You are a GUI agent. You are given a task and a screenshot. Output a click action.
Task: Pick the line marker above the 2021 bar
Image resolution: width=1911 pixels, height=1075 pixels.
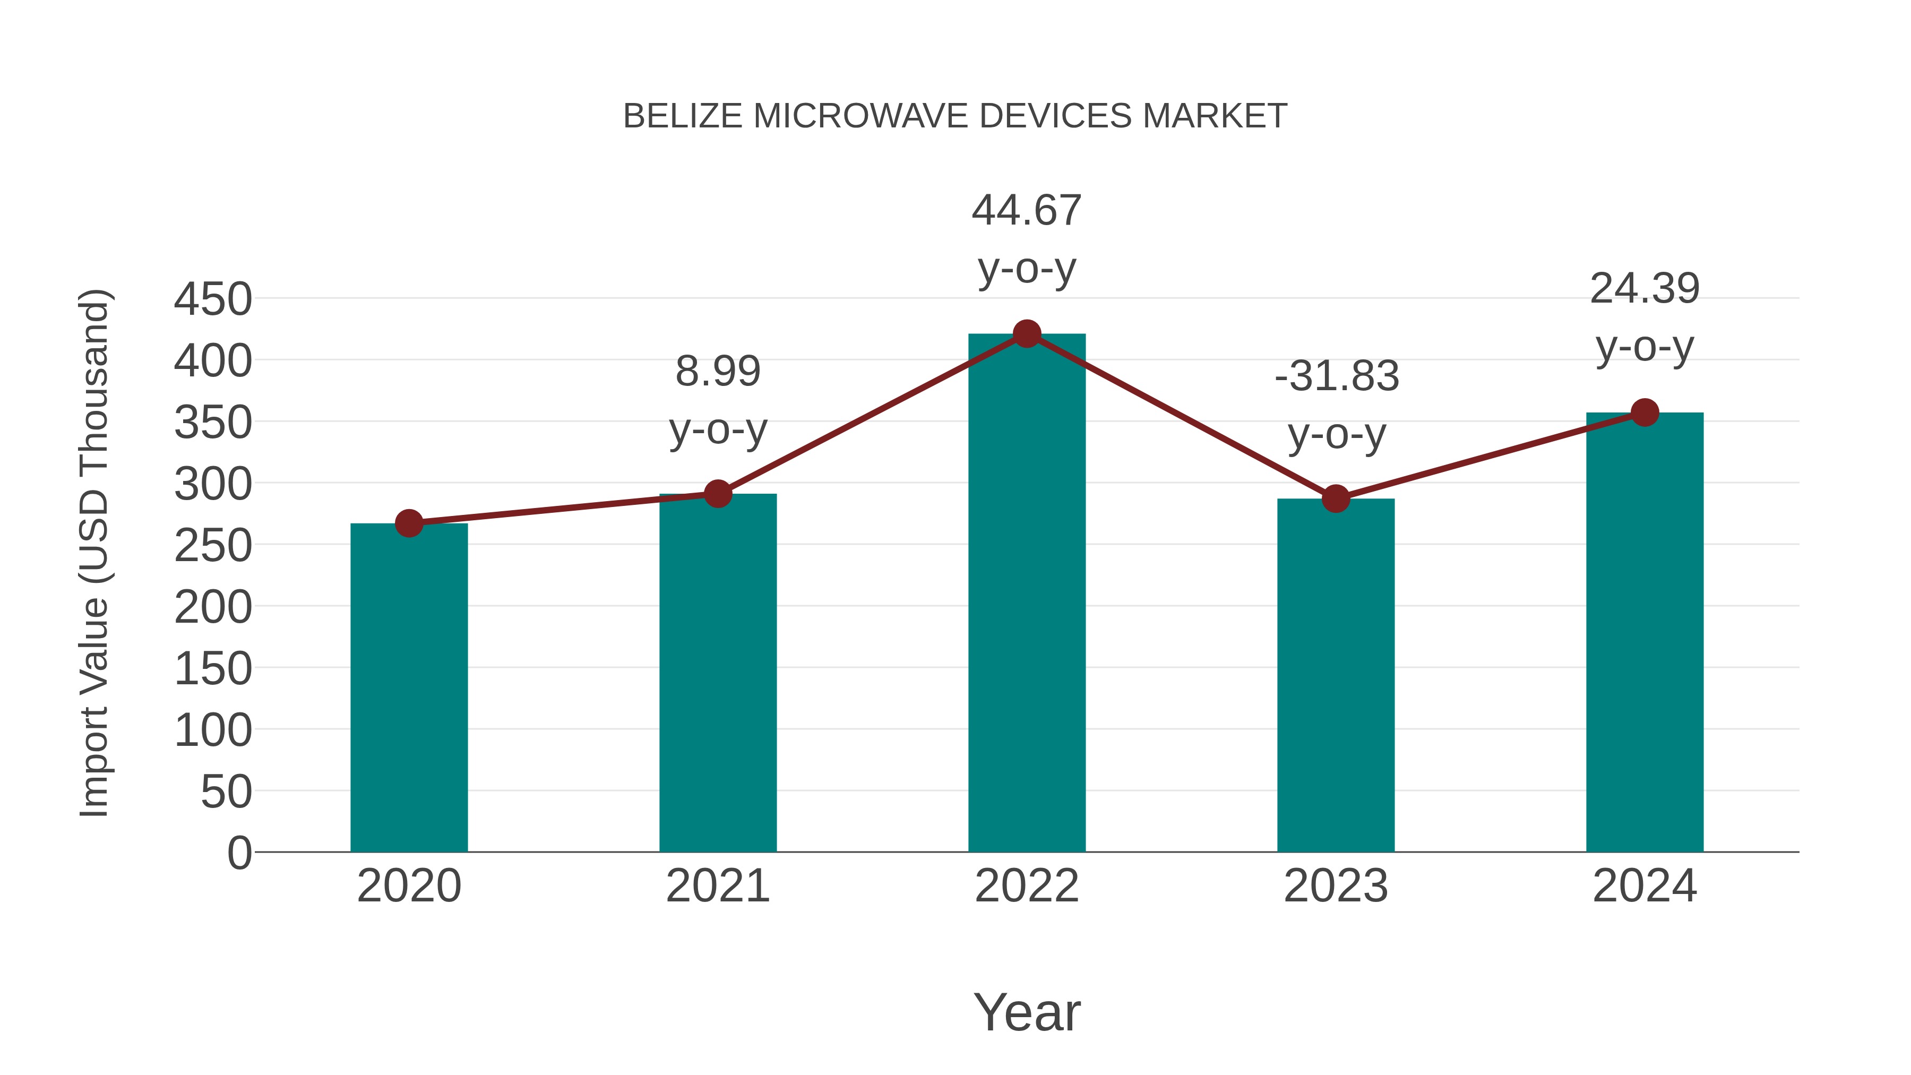click(x=717, y=493)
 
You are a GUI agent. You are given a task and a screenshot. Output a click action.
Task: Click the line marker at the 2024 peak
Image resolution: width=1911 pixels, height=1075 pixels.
click(x=1645, y=412)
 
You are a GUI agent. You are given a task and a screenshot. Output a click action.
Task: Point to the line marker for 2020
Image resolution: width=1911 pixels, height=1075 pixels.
click(x=409, y=524)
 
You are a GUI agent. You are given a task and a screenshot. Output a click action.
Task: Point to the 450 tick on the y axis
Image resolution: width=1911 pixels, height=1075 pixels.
click(x=213, y=300)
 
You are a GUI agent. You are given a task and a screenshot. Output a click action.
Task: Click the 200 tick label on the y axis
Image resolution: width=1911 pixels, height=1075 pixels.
click(x=213, y=608)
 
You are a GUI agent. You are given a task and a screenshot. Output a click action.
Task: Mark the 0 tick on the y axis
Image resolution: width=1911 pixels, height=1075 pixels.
click(x=239, y=853)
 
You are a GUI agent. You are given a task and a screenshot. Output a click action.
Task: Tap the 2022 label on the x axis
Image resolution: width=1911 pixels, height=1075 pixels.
click(x=1027, y=886)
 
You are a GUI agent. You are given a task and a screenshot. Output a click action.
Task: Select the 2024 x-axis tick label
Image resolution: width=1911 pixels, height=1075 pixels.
click(x=1645, y=886)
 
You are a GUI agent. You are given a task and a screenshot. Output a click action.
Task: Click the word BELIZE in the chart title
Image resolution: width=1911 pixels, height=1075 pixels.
click(x=683, y=116)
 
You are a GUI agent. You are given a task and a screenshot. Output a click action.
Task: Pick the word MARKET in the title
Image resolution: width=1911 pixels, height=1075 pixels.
click(x=1215, y=116)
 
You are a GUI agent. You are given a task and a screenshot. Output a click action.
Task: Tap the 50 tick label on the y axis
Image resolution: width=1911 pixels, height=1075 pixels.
click(x=226, y=793)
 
